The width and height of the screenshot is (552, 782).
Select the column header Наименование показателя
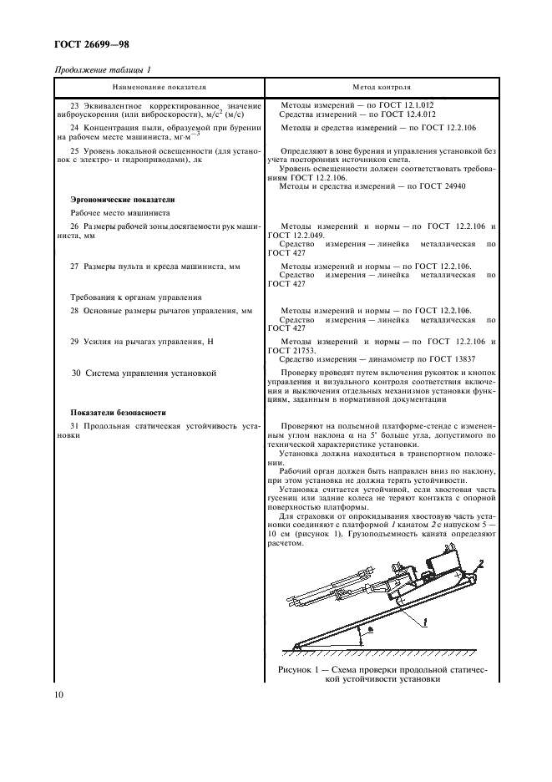point(159,86)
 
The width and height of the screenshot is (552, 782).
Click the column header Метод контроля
point(382,86)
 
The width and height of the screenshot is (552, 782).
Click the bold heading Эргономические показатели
point(122,201)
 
